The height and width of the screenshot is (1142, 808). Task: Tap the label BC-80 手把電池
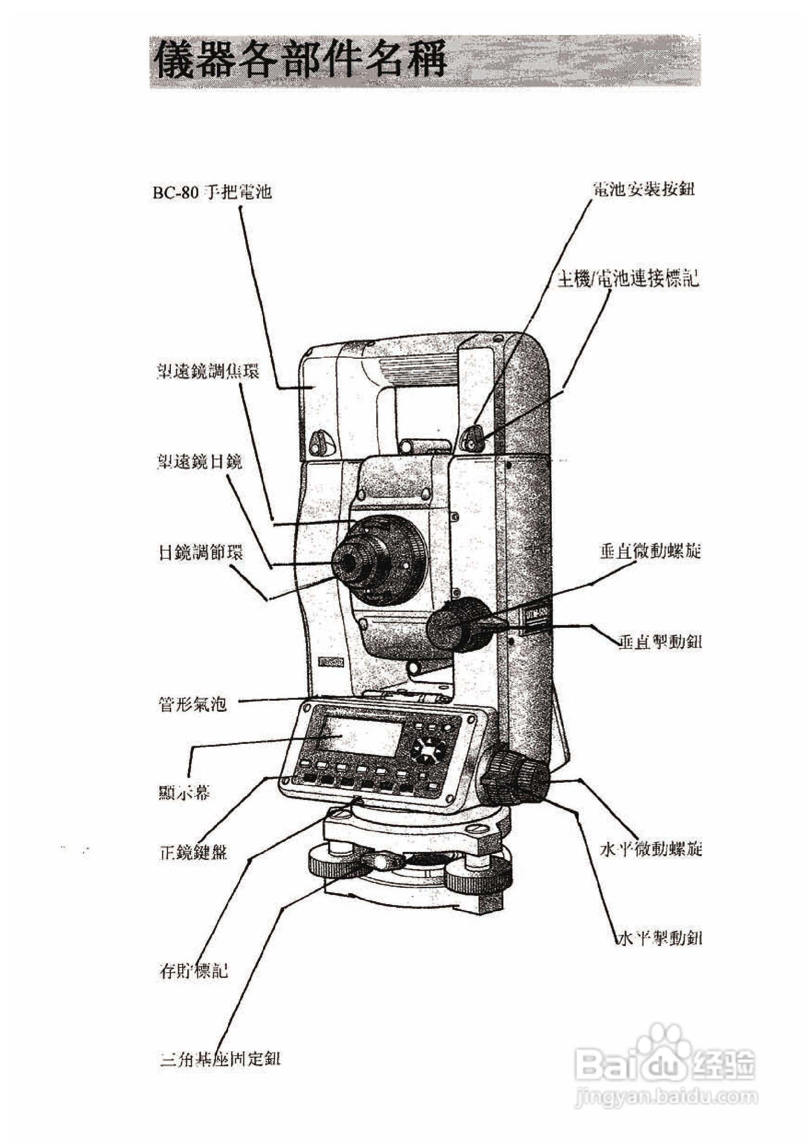(213, 192)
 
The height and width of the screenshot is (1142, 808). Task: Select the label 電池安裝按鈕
(644, 189)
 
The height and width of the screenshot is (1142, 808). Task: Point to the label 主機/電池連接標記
(628, 279)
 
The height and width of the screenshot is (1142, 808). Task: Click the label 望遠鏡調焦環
(208, 371)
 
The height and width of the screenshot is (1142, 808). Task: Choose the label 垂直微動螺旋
(650, 551)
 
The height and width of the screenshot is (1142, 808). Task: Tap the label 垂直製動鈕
(660, 642)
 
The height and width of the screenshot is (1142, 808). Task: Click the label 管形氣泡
(192, 704)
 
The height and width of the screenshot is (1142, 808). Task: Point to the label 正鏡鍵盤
(192, 853)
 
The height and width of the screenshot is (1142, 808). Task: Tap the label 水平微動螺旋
(651, 849)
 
